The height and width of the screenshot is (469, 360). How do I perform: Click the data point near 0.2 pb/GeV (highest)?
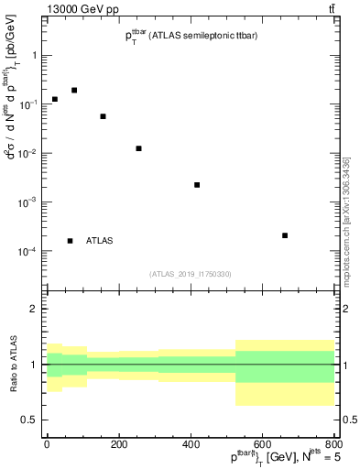tap(74, 90)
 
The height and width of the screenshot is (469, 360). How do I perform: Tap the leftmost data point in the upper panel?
tap(55, 99)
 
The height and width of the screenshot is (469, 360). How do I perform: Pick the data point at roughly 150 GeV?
tap(103, 116)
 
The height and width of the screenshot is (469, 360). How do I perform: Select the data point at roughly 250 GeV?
tap(138, 148)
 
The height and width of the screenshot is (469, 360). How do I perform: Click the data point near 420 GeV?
tap(197, 185)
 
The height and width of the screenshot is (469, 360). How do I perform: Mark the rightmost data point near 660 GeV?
tap(285, 235)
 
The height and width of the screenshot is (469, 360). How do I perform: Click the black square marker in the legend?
tap(70, 241)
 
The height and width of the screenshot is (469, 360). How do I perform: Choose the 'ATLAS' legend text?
tap(100, 241)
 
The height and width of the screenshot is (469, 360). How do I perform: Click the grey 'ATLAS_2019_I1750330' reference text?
tap(191, 274)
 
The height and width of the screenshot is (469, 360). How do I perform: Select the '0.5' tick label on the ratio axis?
tap(31, 420)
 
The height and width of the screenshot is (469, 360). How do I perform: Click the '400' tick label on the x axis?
tap(190, 445)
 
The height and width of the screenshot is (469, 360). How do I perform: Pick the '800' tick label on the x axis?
tap(333, 445)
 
